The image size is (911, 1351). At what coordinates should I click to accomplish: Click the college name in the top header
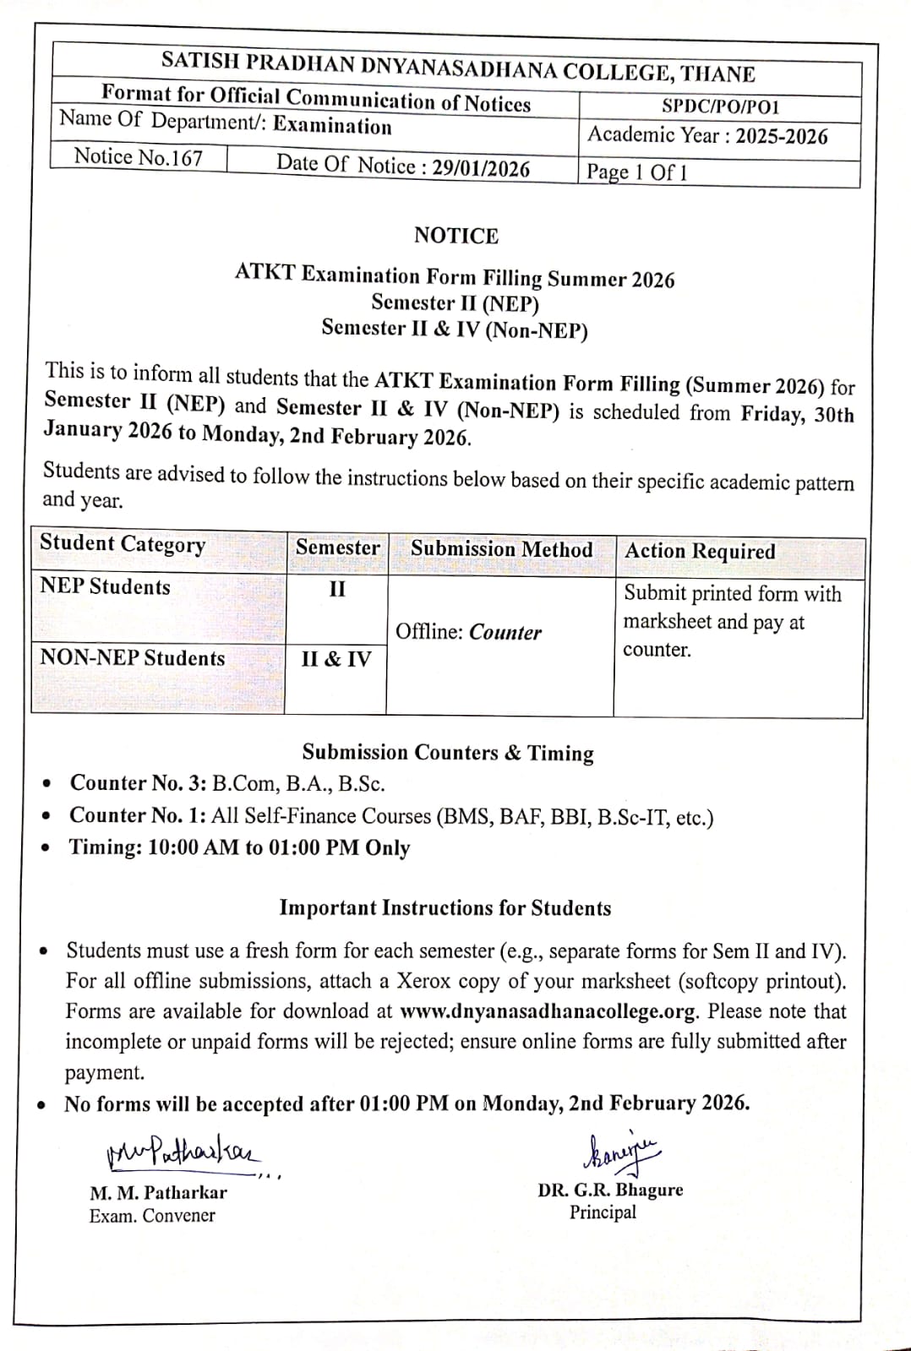click(457, 66)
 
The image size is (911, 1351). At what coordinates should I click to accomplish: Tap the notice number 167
click(139, 156)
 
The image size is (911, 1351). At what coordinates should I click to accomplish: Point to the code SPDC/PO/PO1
click(720, 106)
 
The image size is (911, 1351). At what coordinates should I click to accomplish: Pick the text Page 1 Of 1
click(636, 172)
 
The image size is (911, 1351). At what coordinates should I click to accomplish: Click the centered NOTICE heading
click(455, 236)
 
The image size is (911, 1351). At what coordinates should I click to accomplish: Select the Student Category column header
click(123, 544)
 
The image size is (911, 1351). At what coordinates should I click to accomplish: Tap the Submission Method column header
click(501, 549)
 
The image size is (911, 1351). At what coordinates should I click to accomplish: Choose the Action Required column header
click(700, 551)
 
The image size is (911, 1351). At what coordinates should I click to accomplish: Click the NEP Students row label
click(105, 587)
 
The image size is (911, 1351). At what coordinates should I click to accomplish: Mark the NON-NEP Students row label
click(132, 658)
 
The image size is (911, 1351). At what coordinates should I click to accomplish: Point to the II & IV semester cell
click(335, 659)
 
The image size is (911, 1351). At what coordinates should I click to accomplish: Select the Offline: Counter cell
click(468, 632)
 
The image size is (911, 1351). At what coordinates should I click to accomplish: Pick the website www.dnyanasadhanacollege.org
click(548, 1011)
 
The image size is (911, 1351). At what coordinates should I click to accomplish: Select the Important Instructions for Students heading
click(445, 908)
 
